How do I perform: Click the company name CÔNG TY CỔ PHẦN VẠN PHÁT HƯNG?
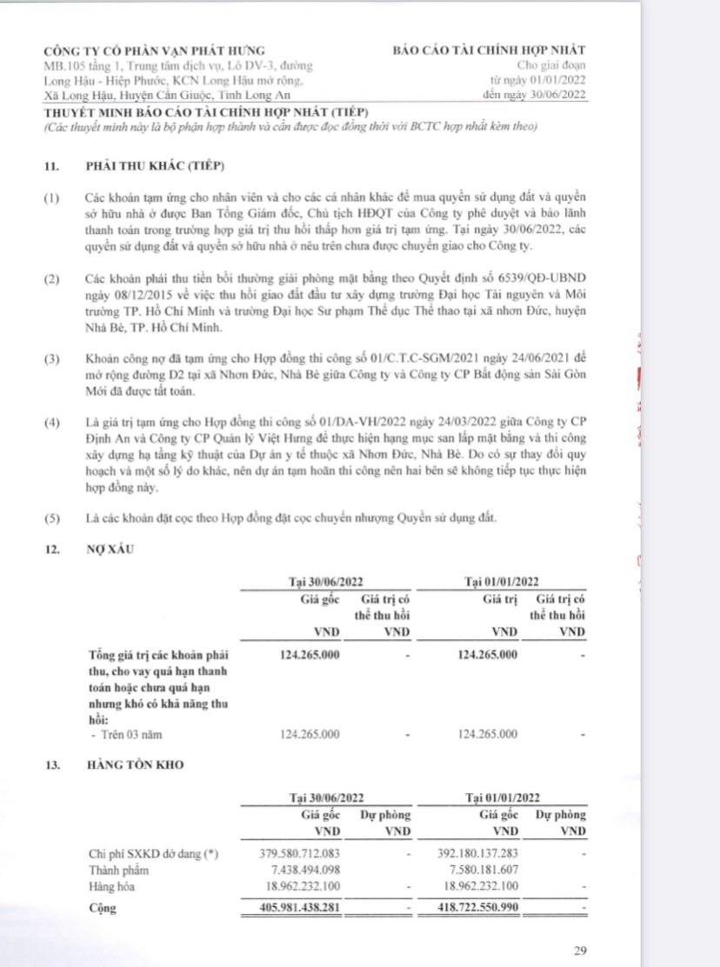[155, 50]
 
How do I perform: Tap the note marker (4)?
[54, 424]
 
